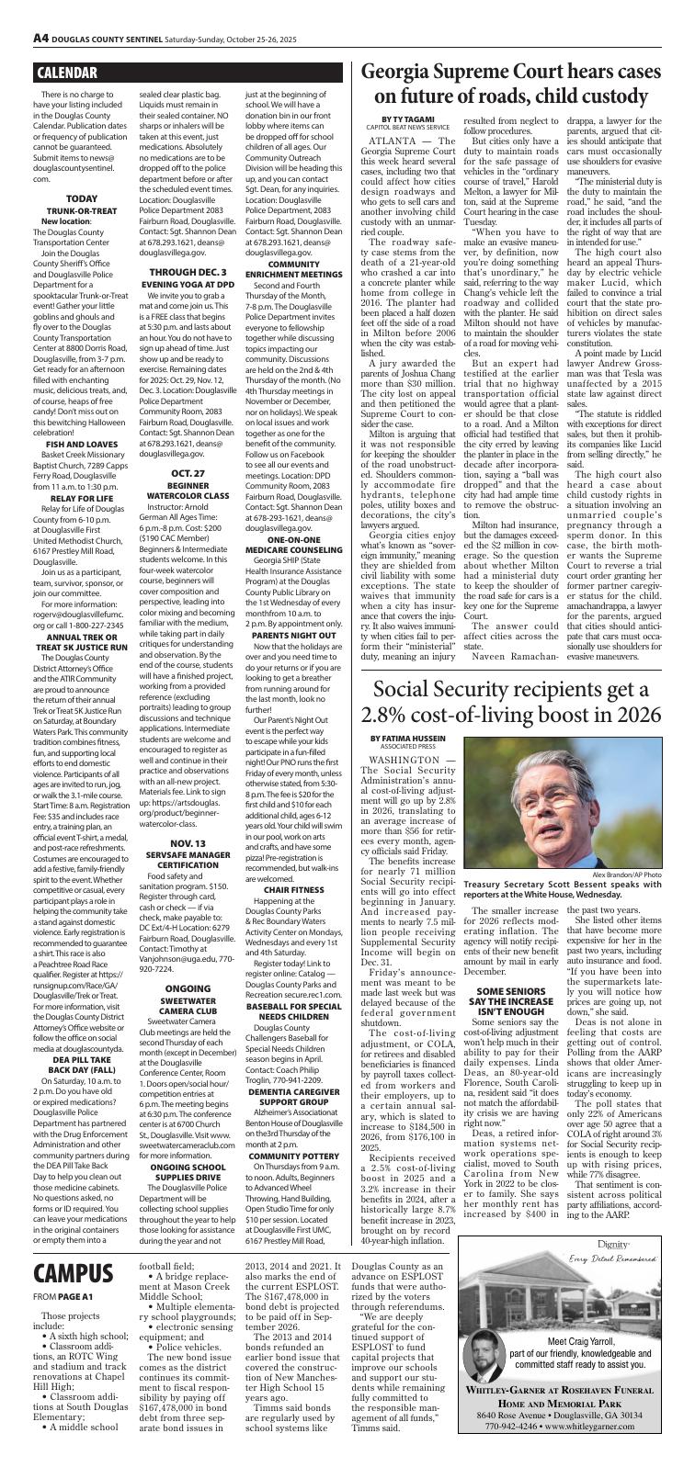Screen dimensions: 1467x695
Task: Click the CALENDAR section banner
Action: click(68, 73)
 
